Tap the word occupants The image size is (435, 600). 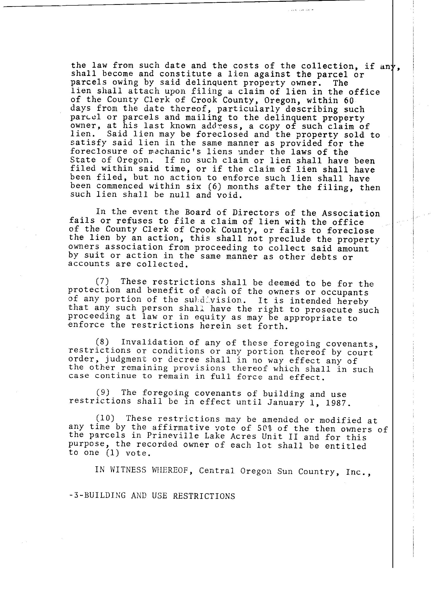click(x=344, y=293)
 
